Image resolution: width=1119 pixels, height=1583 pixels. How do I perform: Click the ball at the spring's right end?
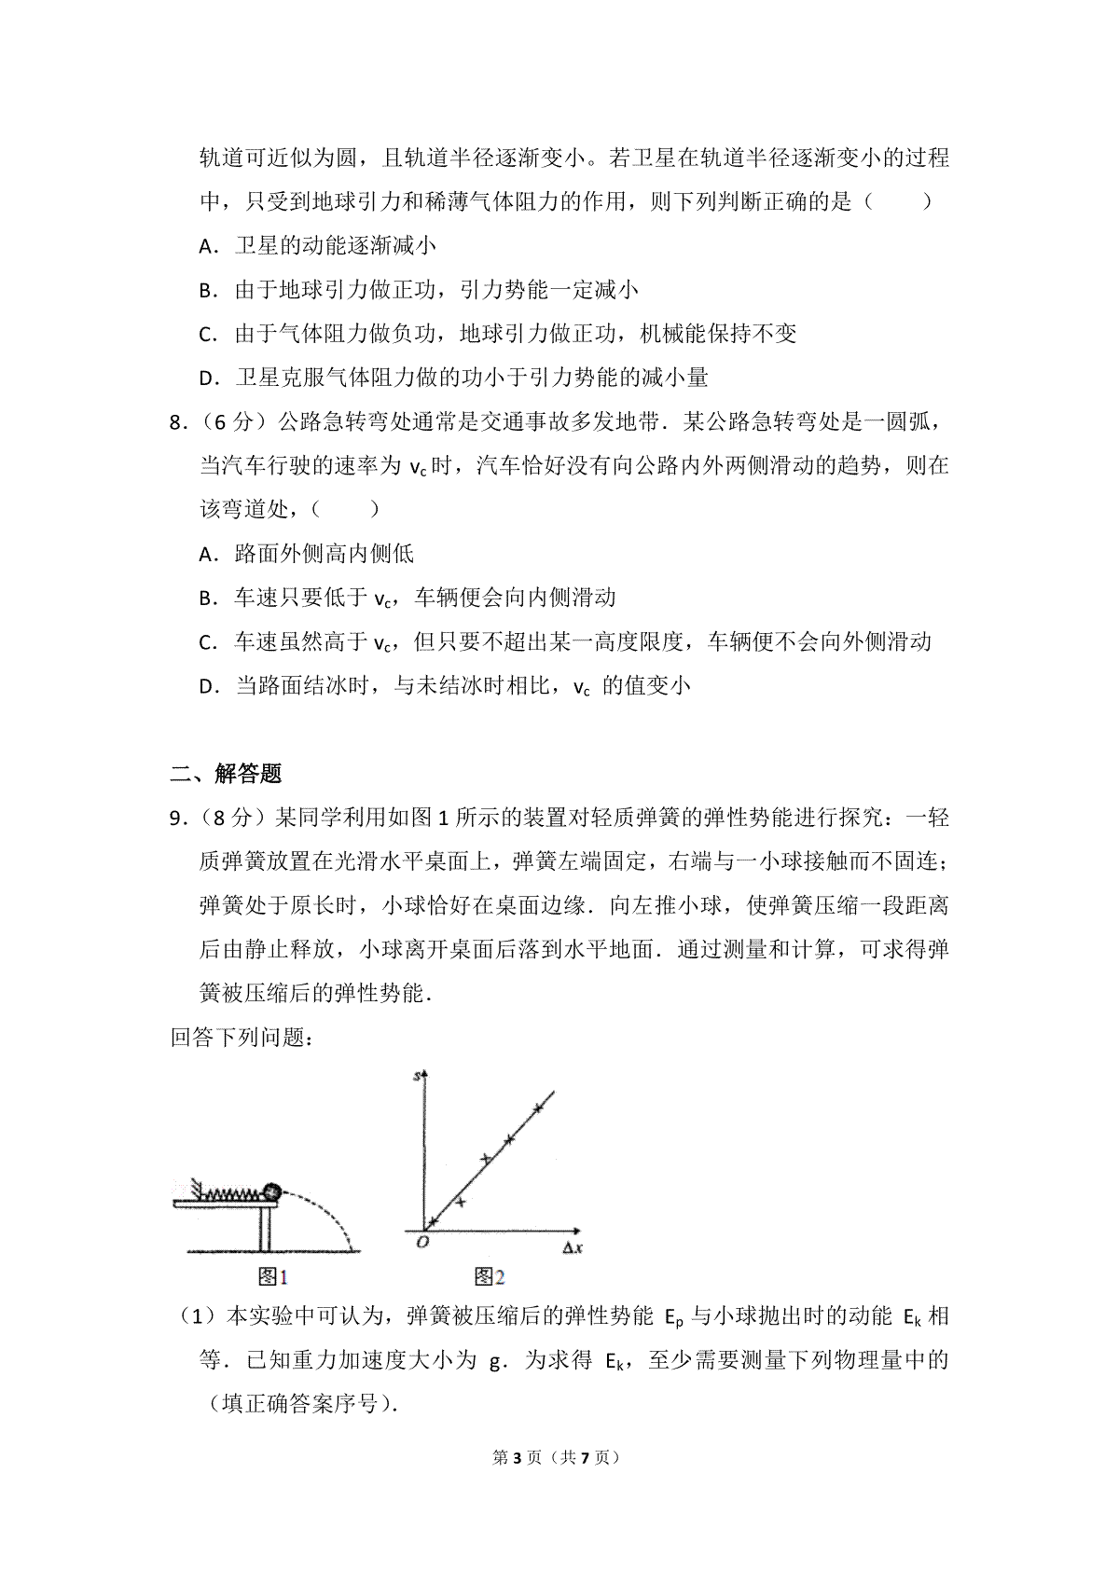(x=271, y=1191)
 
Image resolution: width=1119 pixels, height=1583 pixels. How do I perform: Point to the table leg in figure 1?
(x=265, y=1229)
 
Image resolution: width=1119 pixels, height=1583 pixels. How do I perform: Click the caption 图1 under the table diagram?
(x=271, y=1276)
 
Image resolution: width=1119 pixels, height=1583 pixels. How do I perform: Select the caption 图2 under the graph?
(x=489, y=1276)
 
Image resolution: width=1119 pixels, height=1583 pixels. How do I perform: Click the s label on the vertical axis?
(x=416, y=1076)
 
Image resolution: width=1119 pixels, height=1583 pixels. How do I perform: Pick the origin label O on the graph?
(x=421, y=1242)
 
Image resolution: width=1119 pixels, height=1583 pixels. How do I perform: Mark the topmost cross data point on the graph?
(x=537, y=1108)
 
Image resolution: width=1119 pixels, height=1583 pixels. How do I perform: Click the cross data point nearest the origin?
(x=433, y=1220)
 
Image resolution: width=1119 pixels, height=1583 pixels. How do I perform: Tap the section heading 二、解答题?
(x=226, y=773)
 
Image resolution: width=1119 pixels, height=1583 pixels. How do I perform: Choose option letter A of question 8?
(x=208, y=555)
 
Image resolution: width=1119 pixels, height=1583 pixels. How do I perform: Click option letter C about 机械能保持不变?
(x=208, y=334)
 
